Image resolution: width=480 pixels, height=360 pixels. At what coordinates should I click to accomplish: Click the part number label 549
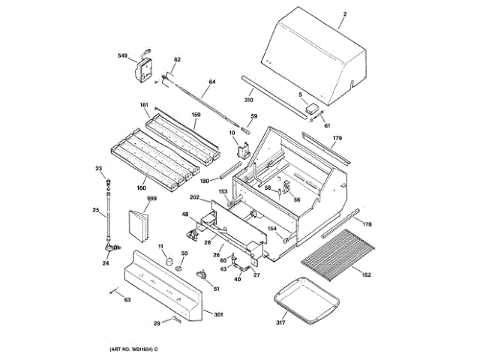point(123,56)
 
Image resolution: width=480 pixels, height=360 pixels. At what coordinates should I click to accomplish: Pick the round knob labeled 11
point(169,259)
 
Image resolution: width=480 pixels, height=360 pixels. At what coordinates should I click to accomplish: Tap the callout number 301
point(218,314)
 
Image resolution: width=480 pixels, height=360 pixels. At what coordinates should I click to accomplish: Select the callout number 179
point(337,139)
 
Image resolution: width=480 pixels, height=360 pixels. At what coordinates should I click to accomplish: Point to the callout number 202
point(194,198)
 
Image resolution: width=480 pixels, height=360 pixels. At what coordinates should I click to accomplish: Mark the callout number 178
point(367,224)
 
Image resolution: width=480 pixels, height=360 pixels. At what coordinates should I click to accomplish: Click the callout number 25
point(95,211)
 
